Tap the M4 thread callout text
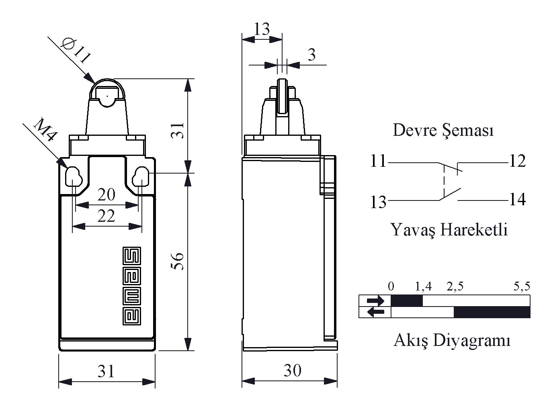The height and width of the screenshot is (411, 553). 45,130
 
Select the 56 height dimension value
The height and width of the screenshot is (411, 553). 177,261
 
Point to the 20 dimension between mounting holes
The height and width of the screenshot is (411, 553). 106,195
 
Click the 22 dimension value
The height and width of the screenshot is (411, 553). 106,216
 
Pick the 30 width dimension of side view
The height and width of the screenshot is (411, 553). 293,370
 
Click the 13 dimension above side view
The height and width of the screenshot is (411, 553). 262,29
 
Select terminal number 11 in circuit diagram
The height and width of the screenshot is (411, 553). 378,161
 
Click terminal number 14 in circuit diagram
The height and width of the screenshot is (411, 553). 518,200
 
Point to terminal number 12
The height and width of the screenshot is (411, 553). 518,161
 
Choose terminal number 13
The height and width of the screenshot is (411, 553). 378,202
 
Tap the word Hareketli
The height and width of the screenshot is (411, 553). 474,229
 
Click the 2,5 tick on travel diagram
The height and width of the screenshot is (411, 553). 455,286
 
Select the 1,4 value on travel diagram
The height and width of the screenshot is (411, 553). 423,286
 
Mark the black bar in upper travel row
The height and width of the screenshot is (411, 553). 407,301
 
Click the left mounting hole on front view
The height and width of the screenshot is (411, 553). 74,177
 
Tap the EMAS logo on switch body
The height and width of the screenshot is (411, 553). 132,286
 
